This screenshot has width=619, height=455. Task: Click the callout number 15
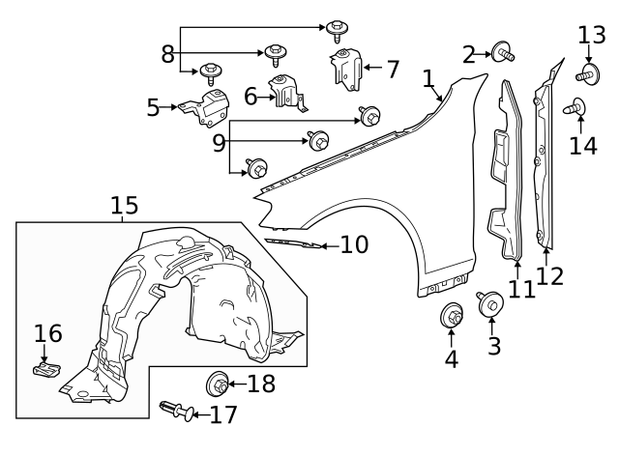click(124, 205)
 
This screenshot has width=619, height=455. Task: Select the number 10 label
click(354, 245)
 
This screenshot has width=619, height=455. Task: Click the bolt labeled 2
click(502, 51)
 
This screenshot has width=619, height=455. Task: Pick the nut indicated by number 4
click(452, 315)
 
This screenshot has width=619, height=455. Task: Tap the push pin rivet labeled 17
click(172, 412)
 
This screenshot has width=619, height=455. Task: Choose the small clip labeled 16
click(44, 369)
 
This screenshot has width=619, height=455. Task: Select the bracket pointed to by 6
click(286, 91)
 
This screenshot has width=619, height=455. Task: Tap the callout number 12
click(549, 276)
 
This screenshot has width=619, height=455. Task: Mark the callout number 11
click(521, 288)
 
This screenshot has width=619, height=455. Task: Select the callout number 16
click(48, 334)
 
